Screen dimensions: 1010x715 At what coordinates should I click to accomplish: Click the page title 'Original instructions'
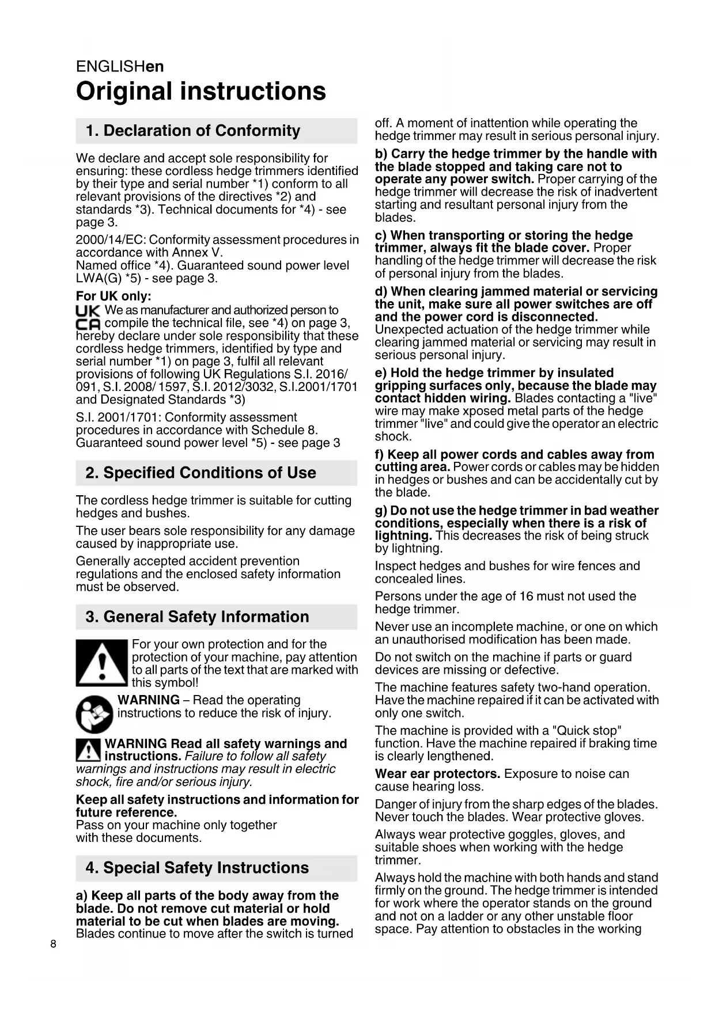tap(200, 92)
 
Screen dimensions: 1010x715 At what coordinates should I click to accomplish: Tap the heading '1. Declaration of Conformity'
tap(192, 131)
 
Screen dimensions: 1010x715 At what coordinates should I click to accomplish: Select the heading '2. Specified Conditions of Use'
tap(200, 473)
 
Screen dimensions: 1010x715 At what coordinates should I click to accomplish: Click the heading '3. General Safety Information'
tap(197, 617)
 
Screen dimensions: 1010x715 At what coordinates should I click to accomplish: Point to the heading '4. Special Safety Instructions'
tap(197, 868)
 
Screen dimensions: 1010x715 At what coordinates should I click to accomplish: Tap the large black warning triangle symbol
tap(102, 663)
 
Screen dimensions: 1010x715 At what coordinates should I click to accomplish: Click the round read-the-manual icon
tap(94, 714)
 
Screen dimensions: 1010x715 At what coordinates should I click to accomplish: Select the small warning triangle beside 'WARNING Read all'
tap(89, 750)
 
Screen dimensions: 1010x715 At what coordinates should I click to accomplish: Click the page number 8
tap(54, 944)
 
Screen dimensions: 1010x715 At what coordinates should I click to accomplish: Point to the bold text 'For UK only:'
tap(114, 297)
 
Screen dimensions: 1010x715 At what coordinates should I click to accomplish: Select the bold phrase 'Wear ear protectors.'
tap(437, 774)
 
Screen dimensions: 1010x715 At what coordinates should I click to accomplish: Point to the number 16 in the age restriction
tap(526, 597)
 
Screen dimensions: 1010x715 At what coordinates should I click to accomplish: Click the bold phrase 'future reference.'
tap(126, 812)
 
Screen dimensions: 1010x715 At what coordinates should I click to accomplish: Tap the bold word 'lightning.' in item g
tap(403, 536)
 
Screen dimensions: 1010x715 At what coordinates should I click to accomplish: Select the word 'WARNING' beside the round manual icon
tap(148, 700)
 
